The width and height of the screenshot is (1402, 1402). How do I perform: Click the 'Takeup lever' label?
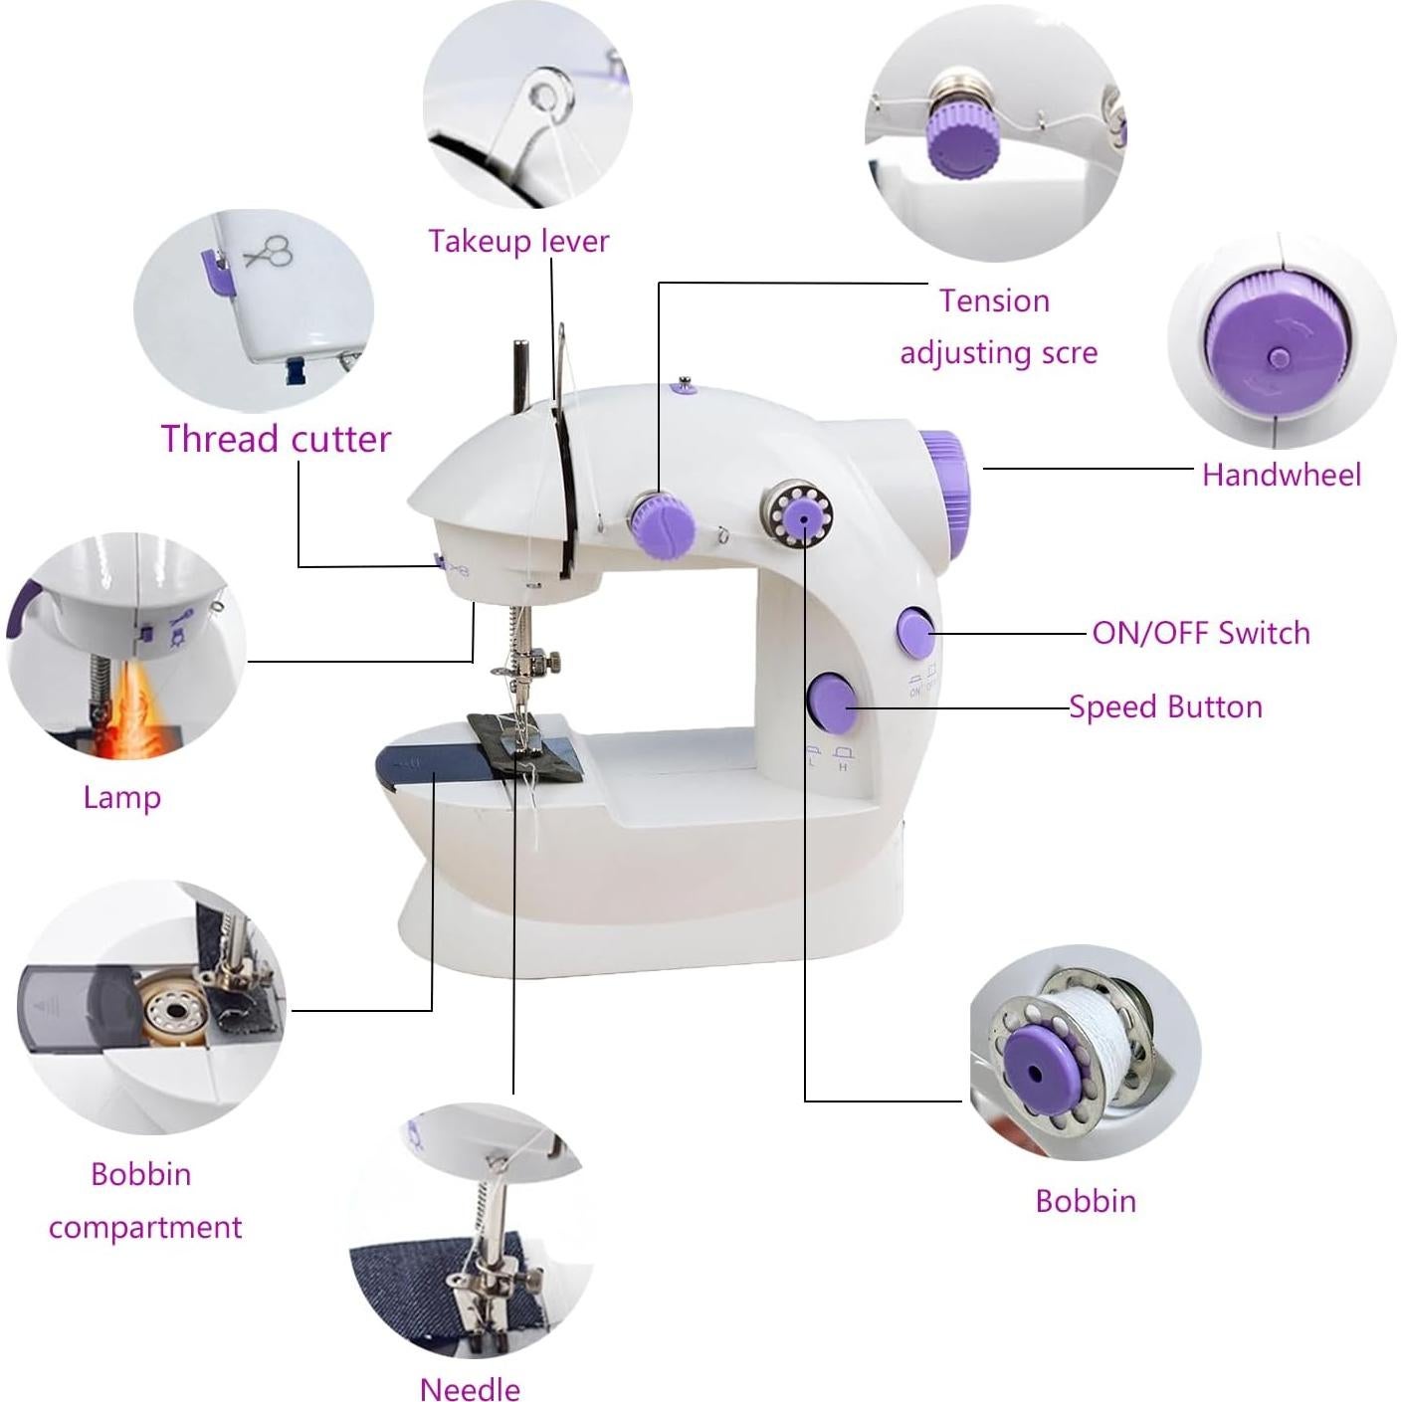click(517, 241)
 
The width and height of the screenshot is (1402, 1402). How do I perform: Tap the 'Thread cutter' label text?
click(276, 439)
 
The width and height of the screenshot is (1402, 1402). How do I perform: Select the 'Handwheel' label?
click(1281, 475)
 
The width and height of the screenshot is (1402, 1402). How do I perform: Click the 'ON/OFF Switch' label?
click(1200, 633)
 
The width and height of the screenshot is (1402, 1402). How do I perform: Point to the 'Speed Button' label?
click(1165, 707)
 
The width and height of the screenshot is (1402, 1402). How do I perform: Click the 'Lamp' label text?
click(121, 797)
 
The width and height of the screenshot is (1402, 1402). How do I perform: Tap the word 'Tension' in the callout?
click(994, 300)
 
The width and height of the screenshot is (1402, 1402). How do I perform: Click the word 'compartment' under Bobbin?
click(145, 1227)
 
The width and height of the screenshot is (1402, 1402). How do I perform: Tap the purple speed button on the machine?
click(832, 701)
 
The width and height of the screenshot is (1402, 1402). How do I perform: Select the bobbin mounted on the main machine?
click(800, 514)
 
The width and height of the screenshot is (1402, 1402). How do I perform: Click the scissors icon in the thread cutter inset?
click(268, 251)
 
